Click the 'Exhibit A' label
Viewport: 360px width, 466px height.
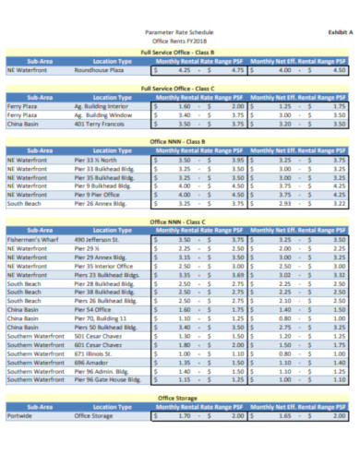pyautogui.click(x=330, y=32)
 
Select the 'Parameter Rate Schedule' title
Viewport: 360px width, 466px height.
pyautogui.click(x=182, y=32)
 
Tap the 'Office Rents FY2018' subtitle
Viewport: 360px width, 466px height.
pyautogui.click(x=182, y=42)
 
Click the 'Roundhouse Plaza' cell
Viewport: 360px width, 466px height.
pyautogui.click(x=99, y=69)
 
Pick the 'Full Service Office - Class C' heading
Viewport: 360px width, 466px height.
pyautogui.click(x=182, y=88)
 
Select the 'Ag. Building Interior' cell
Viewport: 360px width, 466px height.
pyautogui.click(x=103, y=106)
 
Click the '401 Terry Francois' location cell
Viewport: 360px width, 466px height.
pyautogui.click(x=100, y=123)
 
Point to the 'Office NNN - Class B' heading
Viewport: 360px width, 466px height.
pyautogui.click(x=182, y=141)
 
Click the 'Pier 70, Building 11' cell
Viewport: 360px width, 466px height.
pyautogui.click(x=102, y=317)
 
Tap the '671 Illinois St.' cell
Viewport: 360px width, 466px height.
pyautogui.click(x=93, y=352)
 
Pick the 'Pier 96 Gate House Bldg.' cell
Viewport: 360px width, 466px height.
pyautogui.click(x=109, y=378)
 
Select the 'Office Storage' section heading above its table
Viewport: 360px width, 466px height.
pyautogui.click(x=182, y=397)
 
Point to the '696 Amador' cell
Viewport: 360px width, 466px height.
pyautogui.click(x=90, y=362)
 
